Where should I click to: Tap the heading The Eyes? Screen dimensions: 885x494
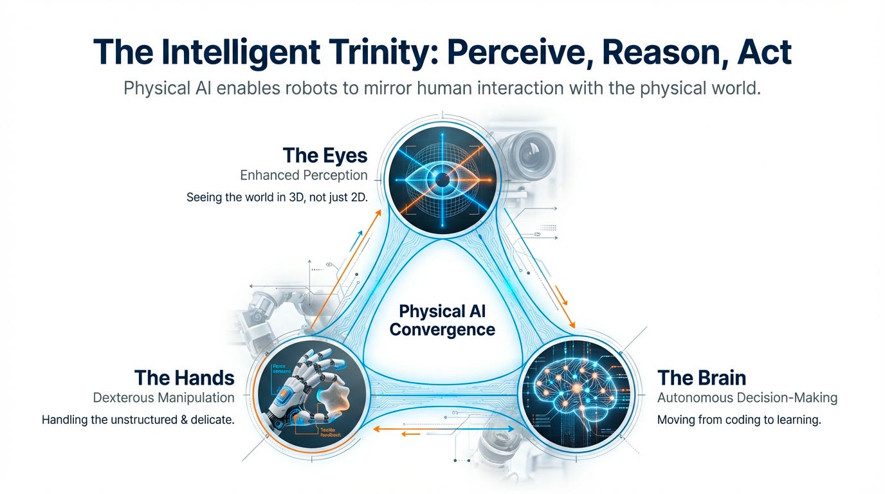click(325, 155)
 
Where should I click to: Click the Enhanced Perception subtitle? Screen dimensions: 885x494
click(304, 175)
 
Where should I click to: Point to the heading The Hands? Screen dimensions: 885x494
click(184, 377)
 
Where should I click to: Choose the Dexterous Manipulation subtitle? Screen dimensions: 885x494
click(163, 398)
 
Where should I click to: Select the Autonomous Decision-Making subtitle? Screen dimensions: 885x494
click(747, 398)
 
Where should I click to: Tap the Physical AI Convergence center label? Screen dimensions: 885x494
click(442, 320)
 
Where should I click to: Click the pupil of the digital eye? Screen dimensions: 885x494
click(442, 181)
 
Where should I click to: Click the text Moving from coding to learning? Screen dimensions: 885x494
click(739, 420)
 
